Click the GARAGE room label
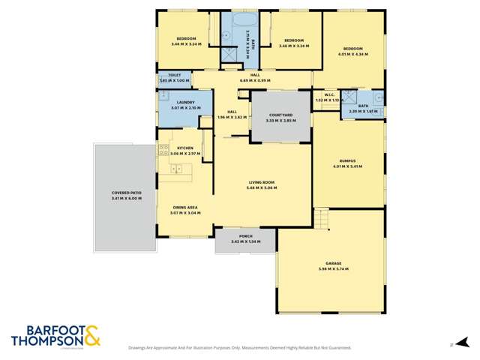(x=334, y=263)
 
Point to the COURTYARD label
(x=280, y=115)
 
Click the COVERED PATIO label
(x=127, y=193)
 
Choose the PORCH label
(x=246, y=236)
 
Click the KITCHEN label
(x=185, y=148)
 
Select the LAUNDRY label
(x=186, y=102)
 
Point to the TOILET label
(x=175, y=75)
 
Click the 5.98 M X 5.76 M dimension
(x=334, y=268)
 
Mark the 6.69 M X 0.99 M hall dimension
(x=255, y=80)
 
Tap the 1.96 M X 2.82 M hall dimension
(x=231, y=118)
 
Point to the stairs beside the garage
(x=321, y=219)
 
